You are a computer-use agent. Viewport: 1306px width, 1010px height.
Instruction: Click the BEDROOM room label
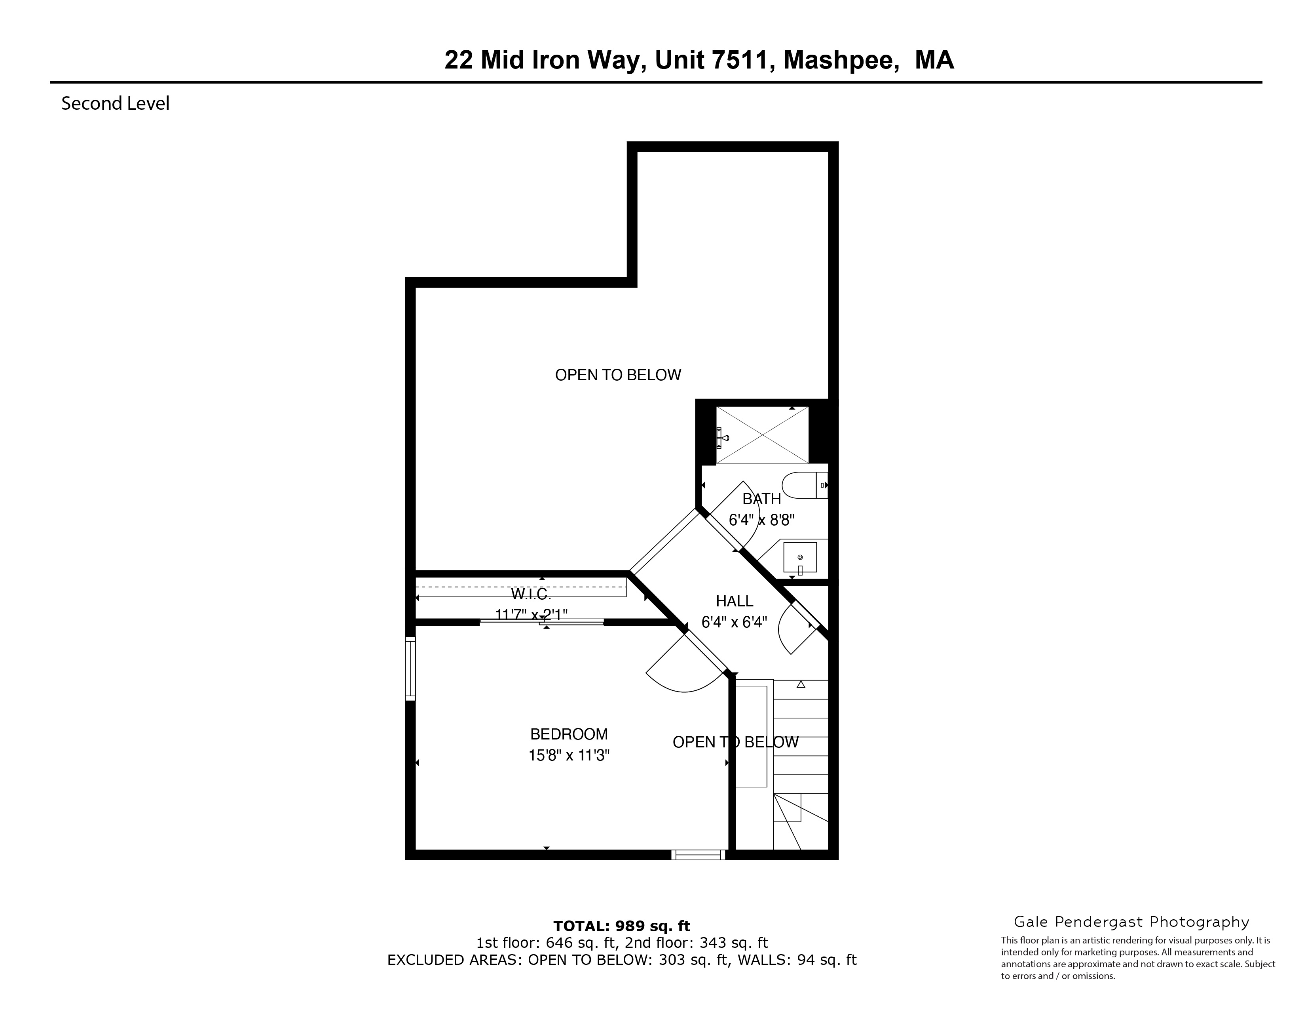click(x=569, y=734)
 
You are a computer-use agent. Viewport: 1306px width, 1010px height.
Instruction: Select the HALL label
click(x=734, y=601)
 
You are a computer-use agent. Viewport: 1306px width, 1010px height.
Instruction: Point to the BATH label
click(x=761, y=499)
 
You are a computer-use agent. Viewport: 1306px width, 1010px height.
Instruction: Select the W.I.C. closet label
click(x=530, y=594)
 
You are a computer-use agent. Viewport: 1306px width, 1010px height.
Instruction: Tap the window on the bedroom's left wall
click(x=410, y=668)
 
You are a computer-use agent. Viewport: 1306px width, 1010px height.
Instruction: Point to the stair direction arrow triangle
click(x=801, y=684)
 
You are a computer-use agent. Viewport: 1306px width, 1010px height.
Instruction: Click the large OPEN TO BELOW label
click(x=618, y=375)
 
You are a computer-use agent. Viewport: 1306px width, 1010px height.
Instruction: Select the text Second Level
click(x=116, y=103)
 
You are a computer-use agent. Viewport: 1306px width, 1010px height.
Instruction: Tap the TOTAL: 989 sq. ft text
click(x=621, y=926)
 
